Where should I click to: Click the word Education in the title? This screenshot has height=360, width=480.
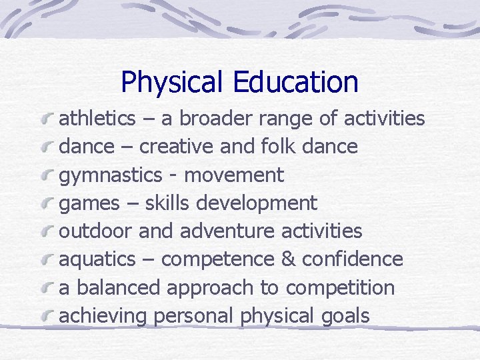point(295,82)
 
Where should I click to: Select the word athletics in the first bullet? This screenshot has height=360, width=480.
point(97,119)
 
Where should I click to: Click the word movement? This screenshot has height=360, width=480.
point(234,176)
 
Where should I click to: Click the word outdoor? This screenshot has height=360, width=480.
point(96,231)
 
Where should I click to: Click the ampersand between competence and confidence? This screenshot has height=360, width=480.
point(288,259)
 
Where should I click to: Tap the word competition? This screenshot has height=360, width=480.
point(340,289)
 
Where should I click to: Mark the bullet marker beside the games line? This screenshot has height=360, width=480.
point(47,203)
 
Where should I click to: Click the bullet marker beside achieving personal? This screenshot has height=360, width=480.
point(47,316)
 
